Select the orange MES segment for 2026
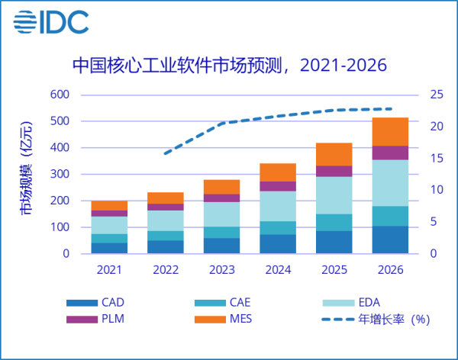[390, 131]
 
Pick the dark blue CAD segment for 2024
[278, 243]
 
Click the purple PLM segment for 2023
[222, 198]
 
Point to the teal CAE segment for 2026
[390, 216]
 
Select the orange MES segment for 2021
[109, 205]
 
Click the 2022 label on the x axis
[166, 269]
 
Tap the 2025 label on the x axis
[334, 269]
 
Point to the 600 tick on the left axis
[60, 95]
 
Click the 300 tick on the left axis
[60, 174]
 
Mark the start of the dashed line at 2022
[166, 153]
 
